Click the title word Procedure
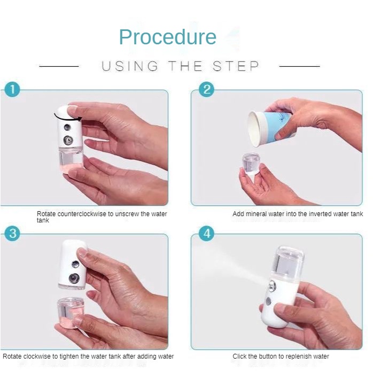[x=168, y=37]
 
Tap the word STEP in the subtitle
[x=236, y=66]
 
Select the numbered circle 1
[x=12, y=89]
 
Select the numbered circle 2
[x=206, y=89]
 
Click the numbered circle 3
[x=12, y=234]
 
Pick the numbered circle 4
[x=206, y=234]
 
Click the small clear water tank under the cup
[x=251, y=164]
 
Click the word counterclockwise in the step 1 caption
[x=82, y=214]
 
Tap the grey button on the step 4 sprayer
[x=268, y=301]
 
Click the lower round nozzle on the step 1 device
[x=68, y=141]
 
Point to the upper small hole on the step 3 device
[x=75, y=264]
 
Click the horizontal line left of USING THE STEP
[x=59, y=66]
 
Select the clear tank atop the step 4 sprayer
[x=289, y=262]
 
